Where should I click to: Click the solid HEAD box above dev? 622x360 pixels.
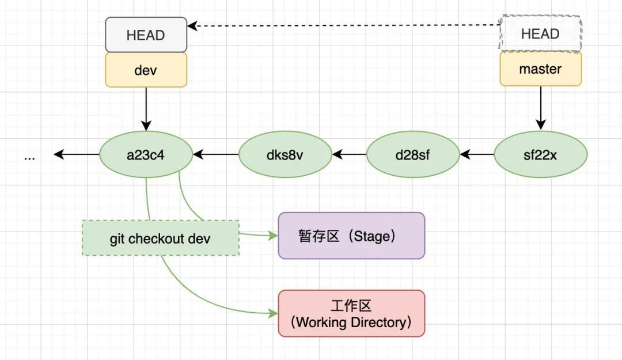[x=146, y=35]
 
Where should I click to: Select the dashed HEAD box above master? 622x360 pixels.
[x=540, y=34]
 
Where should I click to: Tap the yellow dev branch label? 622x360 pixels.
[x=146, y=70]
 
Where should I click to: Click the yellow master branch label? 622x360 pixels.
[x=540, y=69]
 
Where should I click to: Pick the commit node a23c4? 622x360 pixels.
[x=146, y=154]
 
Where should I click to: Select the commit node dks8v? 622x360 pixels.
[x=285, y=154]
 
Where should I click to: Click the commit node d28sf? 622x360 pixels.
[x=413, y=154]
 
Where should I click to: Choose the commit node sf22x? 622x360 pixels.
[x=540, y=154]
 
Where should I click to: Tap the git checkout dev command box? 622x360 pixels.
[x=160, y=238]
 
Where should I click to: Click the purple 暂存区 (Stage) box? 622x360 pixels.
[x=351, y=236]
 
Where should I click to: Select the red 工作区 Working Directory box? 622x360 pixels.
[x=351, y=313]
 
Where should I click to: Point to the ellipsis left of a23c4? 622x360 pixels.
[x=30, y=156]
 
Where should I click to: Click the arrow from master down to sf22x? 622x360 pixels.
[x=540, y=107]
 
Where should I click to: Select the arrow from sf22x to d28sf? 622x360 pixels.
[x=477, y=154]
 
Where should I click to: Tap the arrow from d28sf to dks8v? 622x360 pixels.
[x=349, y=154]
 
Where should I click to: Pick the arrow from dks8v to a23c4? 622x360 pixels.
[x=215, y=154]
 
